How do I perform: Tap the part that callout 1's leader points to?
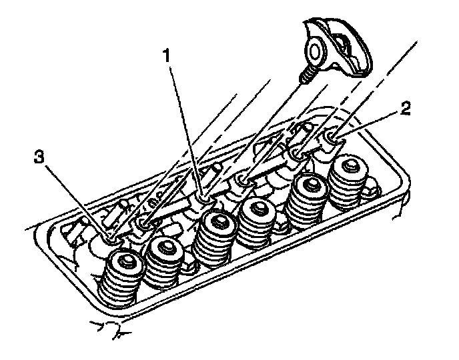point(203,197)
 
